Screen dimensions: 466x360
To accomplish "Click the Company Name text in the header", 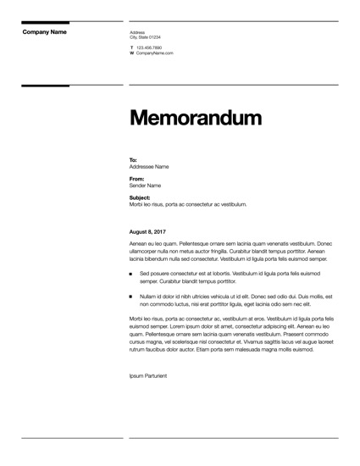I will [44, 32].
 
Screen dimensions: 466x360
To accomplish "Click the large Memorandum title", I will [195, 119].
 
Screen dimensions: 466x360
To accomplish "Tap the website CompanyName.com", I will [155, 53].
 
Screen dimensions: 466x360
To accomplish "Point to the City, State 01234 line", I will [145, 37].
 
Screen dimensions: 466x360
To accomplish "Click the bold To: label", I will [133, 159].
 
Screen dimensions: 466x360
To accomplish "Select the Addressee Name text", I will [149, 166].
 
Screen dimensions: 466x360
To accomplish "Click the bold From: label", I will [136, 179].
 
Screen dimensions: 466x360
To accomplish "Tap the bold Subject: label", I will [140, 197].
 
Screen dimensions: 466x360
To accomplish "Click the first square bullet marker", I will [131, 275].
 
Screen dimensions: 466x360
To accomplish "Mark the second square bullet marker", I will [131, 297].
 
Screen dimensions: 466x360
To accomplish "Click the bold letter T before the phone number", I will [131, 47].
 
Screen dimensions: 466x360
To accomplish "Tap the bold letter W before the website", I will [132, 53].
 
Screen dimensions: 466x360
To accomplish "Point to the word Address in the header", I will [137, 32].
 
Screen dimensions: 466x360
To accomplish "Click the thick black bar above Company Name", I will [45, 22].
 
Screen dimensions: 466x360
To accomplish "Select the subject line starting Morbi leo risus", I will [188, 204].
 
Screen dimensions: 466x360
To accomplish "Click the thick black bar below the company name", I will [45, 86].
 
